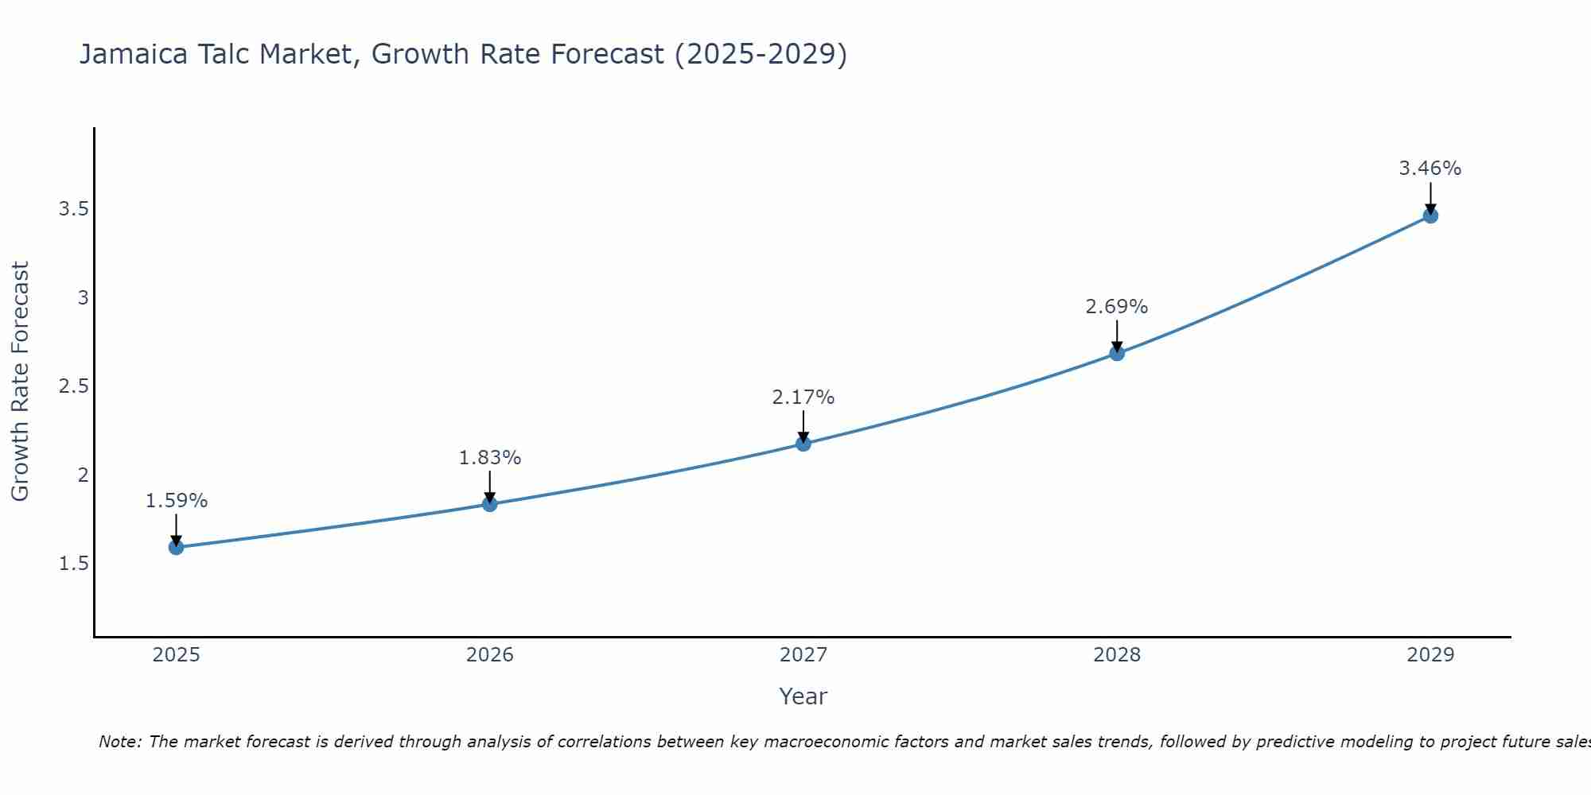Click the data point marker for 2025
(x=177, y=547)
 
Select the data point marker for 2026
(x=490, y=504)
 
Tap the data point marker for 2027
(x=803, y=444)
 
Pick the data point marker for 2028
(x=1117, y=353)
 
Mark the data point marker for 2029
(x=1430, y=215)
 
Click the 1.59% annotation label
(x=177, y=501)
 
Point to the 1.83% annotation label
(x=490, y=458)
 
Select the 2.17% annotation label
(x=803, y=397)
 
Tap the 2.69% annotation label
(x=1117, y=307)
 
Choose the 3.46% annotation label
(x=1430, y=169)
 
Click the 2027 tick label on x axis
(x=803, y=655)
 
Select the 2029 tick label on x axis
(x=1430, y=655)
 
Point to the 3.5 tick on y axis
(x=73, y=209)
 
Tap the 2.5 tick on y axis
(x=73, y=386)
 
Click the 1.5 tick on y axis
(x=73, y=564)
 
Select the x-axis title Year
(x=803, y=696)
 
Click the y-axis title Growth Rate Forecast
(x=21, y=382)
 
